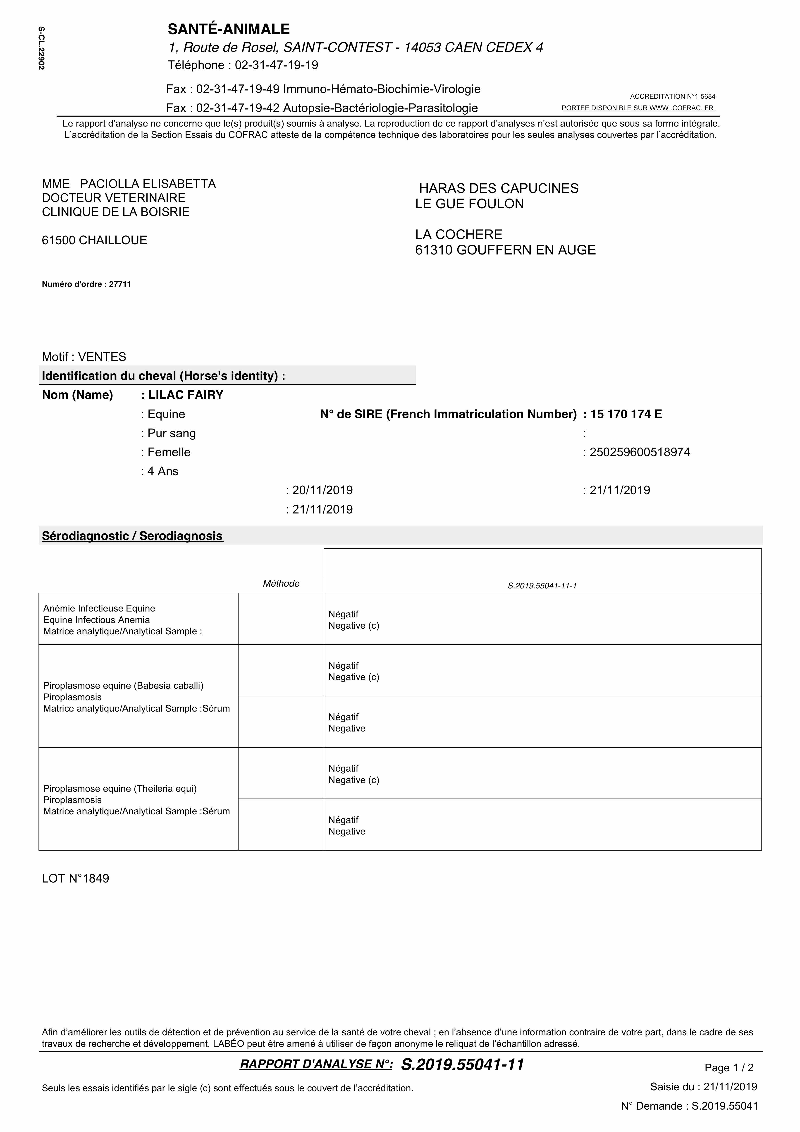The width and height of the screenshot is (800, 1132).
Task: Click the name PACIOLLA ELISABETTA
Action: click(148, 184)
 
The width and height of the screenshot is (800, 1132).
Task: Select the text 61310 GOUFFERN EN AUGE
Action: click(505, 250)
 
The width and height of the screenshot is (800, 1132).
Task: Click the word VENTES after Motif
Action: click(102, 357)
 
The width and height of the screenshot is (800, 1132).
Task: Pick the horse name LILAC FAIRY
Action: click(185, 395)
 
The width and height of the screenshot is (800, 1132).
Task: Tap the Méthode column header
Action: click(281, 584)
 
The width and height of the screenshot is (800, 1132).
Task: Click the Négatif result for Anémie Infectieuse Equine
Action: click(344, 614)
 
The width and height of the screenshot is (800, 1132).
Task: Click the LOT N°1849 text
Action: click(75, 879)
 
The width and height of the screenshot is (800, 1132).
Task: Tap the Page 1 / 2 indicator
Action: click(728, 1068)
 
